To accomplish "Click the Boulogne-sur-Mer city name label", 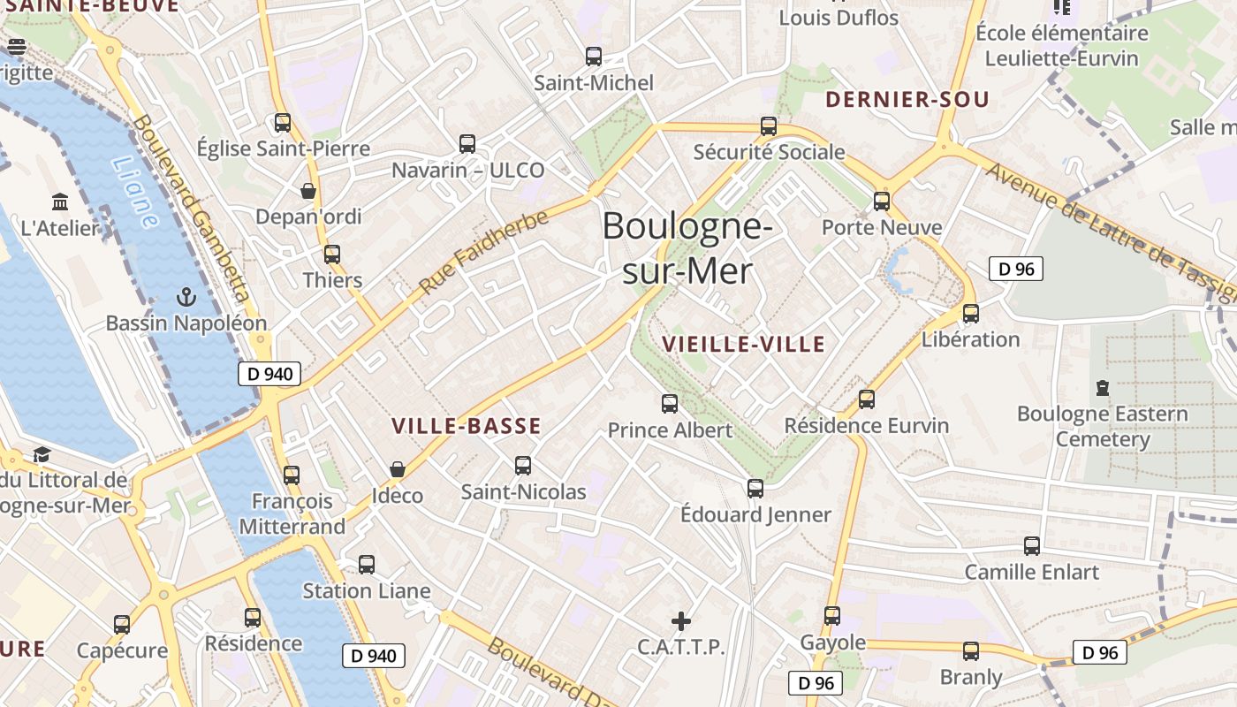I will point(687,248).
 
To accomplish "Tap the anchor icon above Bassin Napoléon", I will point(186,296).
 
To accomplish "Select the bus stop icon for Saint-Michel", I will point(594,57).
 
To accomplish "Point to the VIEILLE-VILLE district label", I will point(744,344).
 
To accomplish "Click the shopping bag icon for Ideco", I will point(398,468).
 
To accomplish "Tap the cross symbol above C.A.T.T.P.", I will point(681,620).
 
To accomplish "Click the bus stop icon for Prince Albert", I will point(670,404).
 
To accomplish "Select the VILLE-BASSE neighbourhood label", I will point(467,426).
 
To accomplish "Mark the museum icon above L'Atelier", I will point(60,201).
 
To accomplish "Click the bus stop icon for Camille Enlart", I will point(1031,545).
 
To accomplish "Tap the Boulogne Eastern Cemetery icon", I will point(1102,387).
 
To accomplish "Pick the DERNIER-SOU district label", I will point(907,100).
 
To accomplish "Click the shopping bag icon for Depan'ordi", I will point(308,190).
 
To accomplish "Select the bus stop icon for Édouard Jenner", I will point(755,488).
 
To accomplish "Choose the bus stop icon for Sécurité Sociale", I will point(769,125).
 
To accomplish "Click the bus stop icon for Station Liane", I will point(367,564).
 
